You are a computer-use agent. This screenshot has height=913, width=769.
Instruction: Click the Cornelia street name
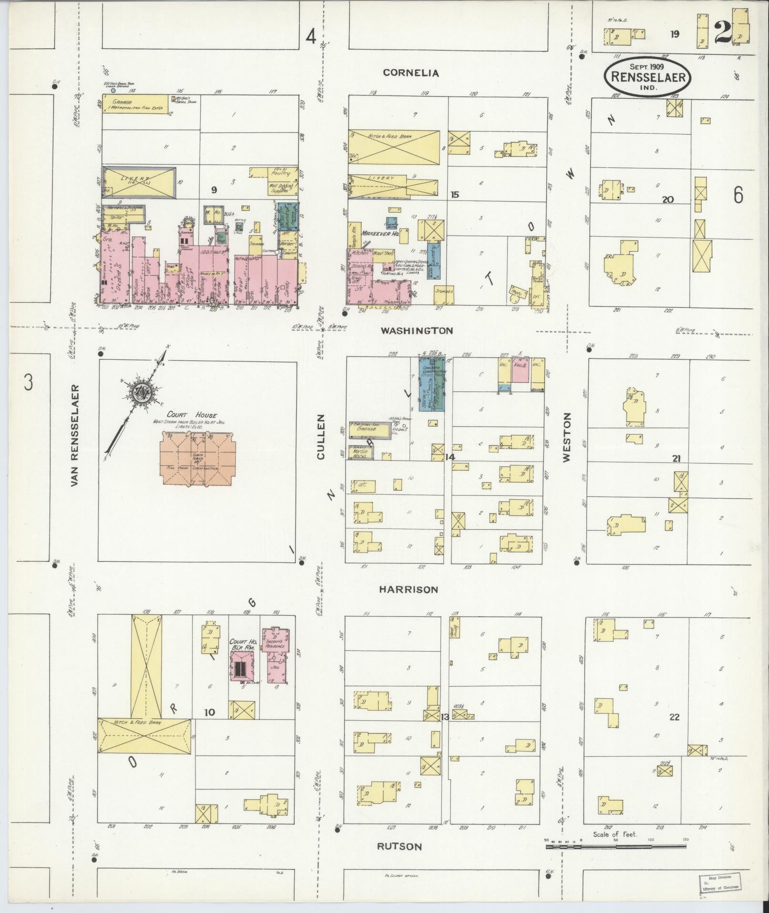tap(410, 73)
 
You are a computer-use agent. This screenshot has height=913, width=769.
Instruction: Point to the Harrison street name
tap(408, 589)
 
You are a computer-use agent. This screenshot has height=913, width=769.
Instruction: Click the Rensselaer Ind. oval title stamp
tap(647, 77)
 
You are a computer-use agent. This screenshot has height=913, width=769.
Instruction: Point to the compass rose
tap(141, 390)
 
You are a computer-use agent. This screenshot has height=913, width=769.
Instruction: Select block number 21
tap(676, 459)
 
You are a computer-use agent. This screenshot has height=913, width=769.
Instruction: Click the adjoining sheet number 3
tap(29, 383)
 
